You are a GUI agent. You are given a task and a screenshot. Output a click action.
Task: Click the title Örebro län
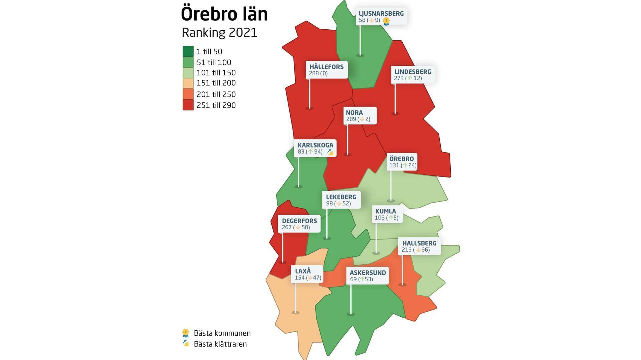(224, 14)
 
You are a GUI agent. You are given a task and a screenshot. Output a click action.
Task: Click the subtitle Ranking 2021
(219, 33)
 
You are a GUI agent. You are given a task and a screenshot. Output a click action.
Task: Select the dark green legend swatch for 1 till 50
(188, 51)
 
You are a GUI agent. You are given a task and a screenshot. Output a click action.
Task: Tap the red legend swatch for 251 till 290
(188, 105)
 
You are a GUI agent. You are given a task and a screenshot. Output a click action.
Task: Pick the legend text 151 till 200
(216, 83)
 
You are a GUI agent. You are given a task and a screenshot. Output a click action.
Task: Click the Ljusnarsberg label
(381, 14)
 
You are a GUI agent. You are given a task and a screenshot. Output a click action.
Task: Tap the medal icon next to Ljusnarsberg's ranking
(386, 21)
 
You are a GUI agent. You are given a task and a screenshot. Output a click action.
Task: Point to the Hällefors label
(326, 67)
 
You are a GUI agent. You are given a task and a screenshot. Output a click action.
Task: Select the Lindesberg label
(413, 72)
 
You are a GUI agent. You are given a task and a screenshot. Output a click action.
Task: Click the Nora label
(354, 113)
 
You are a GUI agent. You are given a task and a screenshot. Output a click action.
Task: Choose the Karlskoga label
(315, 145)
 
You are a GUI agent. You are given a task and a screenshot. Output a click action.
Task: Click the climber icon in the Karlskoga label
(330, 152)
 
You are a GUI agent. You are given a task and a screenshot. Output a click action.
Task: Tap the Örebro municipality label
(401, 159)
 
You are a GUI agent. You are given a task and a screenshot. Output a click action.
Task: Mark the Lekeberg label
(341, 197)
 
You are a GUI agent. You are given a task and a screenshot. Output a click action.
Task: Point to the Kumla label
(385, 211)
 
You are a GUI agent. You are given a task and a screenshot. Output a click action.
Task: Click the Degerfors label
(299, 221)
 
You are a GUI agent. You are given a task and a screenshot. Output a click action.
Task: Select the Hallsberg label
(419, 243)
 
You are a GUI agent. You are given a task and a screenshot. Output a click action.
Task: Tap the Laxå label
(303, 271)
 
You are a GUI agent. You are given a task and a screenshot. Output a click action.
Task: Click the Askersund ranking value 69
(353, 279)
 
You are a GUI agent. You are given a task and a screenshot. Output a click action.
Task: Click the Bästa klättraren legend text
(220, 344)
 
